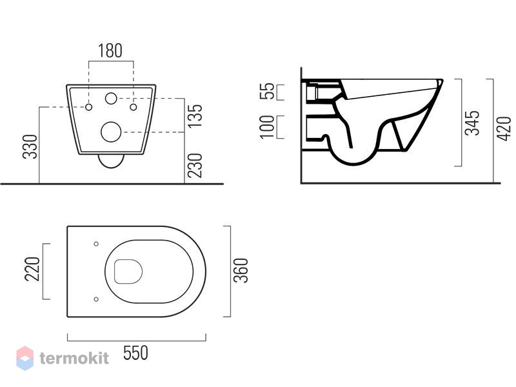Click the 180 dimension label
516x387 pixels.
(x=110, y=51)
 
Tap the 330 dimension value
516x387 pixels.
(x=30, y=147)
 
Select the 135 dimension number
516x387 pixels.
(x=195, y=116)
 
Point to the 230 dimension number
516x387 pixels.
(x=195, y=166)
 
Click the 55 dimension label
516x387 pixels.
(x=267, y=91)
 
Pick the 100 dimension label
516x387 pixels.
(x=267, y=127)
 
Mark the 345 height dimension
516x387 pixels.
(x=472, y=123)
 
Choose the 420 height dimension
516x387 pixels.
(x=504, y=128)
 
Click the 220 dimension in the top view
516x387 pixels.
(x=32, y=269)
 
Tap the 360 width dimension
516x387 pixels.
(x=241, y=270)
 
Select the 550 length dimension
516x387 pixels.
(x=135, y=353)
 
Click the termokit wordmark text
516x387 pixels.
(x=74, y=358)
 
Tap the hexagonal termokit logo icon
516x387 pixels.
(x=25, y=359)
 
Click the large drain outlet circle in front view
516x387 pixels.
(x=111, y=132)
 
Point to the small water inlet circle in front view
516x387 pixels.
(x=111, y=99)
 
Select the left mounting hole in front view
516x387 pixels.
(x=88, y=107)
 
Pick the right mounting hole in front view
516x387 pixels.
(x=134, y=107)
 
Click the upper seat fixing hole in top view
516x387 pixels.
(x=96, y=244)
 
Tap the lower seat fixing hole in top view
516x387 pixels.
(x=96, y=299)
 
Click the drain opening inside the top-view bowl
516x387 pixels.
(x=128, y=272)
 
